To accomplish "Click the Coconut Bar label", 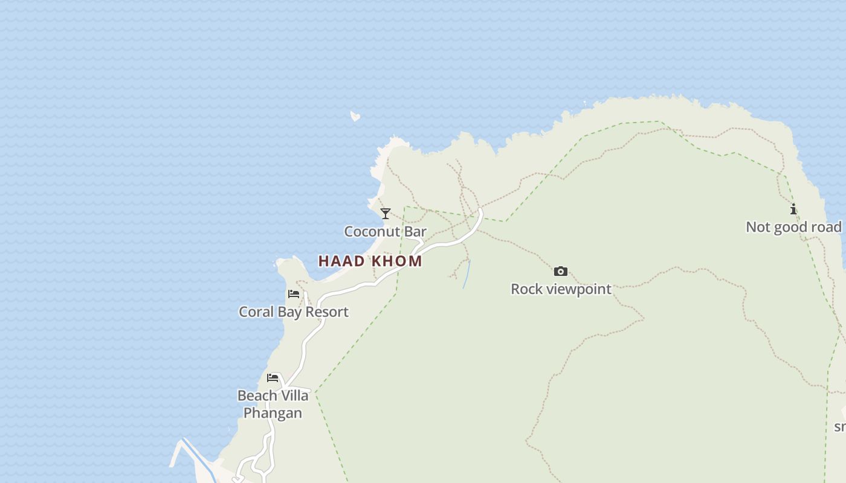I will (385, 231).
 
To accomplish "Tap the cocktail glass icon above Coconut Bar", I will (386, 214).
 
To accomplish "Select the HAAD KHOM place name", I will (370, 261).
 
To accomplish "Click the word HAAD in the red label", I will (341, 261).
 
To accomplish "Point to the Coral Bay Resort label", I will (294, 312).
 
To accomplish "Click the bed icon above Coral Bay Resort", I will (294, 294).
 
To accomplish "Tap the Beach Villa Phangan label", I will (273, 404).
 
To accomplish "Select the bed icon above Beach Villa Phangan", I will (273, 378).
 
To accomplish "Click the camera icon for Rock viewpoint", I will (561, 271).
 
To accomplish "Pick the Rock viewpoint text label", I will (561, 289).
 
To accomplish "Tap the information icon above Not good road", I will (793, 209).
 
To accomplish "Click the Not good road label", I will (793, 227).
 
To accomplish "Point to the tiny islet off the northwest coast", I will (355, 116).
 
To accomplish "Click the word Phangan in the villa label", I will (273, 413).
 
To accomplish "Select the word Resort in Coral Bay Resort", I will (326, 312).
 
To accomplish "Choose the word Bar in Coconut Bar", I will (416, 231).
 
